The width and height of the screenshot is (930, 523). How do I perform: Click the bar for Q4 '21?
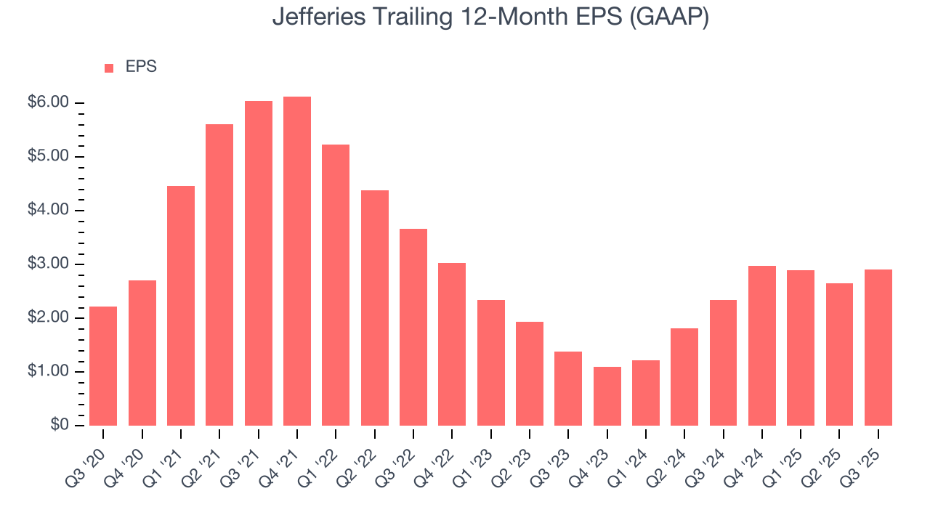pos(297,261)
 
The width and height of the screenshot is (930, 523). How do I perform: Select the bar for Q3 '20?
pos(103,366)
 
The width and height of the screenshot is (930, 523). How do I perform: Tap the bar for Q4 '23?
pos(607,396)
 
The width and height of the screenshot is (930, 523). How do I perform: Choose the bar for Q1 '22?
pos(336,285)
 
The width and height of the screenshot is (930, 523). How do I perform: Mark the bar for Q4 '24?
pos(762,346)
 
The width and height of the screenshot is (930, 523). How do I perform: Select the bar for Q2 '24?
pos(684,377)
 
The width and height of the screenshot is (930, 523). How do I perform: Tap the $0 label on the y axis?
pos(60,426)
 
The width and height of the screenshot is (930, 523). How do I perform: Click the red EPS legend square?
pos(109,68)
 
